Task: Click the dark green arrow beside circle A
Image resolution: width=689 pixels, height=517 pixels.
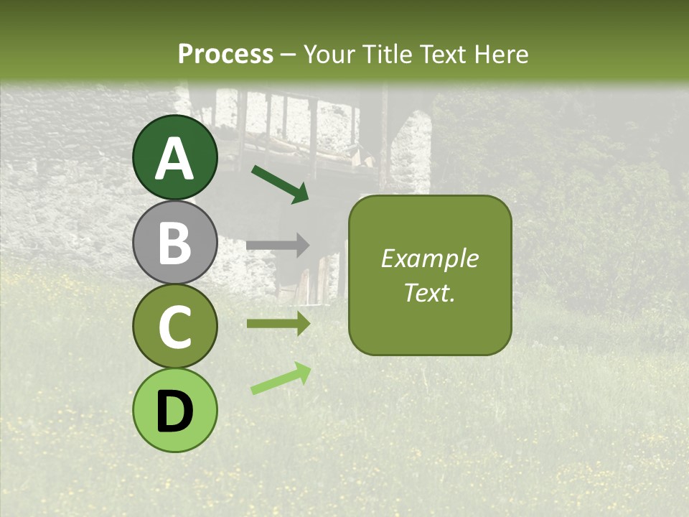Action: (280, 183)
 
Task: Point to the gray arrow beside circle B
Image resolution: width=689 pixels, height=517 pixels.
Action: (278, 246)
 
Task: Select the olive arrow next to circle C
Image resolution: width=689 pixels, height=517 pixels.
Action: (278, 323)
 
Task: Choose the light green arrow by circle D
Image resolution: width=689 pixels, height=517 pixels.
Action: (281, 378)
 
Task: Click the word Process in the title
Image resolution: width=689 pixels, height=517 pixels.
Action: (225, 54)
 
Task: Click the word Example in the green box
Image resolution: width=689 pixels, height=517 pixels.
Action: (430, 258)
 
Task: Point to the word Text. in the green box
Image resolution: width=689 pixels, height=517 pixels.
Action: (430, 292)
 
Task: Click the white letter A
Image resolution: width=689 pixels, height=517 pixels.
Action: (175, 159)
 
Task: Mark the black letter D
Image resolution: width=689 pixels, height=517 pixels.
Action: (175, 411)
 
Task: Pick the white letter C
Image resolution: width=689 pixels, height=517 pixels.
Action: (175, 327)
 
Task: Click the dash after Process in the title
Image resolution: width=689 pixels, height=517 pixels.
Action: (288, 55)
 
